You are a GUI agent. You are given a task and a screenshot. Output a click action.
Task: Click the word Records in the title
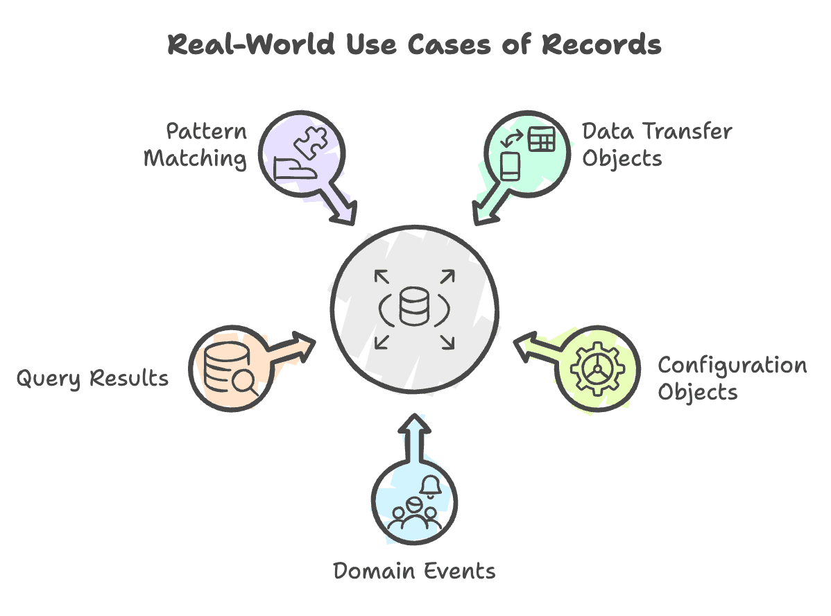[601, 44]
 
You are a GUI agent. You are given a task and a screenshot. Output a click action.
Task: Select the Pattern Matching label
[195, 145]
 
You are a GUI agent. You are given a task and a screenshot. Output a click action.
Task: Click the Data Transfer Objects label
[657, 144]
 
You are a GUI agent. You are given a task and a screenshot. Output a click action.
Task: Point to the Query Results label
[92, 379]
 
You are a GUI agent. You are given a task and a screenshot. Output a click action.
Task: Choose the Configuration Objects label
[732, 378]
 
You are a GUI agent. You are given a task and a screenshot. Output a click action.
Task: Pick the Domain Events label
[414, 571]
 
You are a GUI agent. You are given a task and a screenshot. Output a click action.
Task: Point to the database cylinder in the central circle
[414, 307]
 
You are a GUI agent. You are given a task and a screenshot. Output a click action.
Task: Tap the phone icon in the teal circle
[511, 167]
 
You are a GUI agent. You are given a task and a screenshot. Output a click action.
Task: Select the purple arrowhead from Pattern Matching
[345, 213]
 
